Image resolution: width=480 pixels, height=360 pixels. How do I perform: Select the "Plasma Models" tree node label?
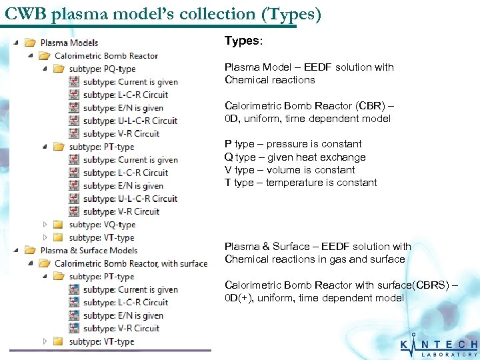click(69, 43)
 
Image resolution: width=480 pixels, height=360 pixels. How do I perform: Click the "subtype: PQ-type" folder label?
click(102, 69)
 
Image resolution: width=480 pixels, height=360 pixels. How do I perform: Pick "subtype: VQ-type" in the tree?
click(102, 225)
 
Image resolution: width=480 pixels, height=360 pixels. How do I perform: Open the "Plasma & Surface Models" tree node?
click(89, 251)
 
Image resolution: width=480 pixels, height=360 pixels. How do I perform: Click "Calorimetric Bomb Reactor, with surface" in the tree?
click(131, 263)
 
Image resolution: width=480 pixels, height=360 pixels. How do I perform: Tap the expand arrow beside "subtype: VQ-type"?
click(45, 225)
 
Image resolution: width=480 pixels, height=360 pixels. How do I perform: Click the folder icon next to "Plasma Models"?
click(30, 43)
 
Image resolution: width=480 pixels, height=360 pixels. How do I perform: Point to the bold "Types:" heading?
click(243, 41)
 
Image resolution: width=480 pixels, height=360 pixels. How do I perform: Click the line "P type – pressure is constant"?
click(293, 144)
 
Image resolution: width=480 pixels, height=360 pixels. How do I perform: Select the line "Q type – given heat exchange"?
click(295, 157)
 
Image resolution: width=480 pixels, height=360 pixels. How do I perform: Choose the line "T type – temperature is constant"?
click(301, 183)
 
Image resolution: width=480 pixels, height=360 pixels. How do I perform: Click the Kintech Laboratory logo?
click(439, 346)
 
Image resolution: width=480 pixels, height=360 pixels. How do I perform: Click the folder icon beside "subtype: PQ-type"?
click(59, 69)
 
